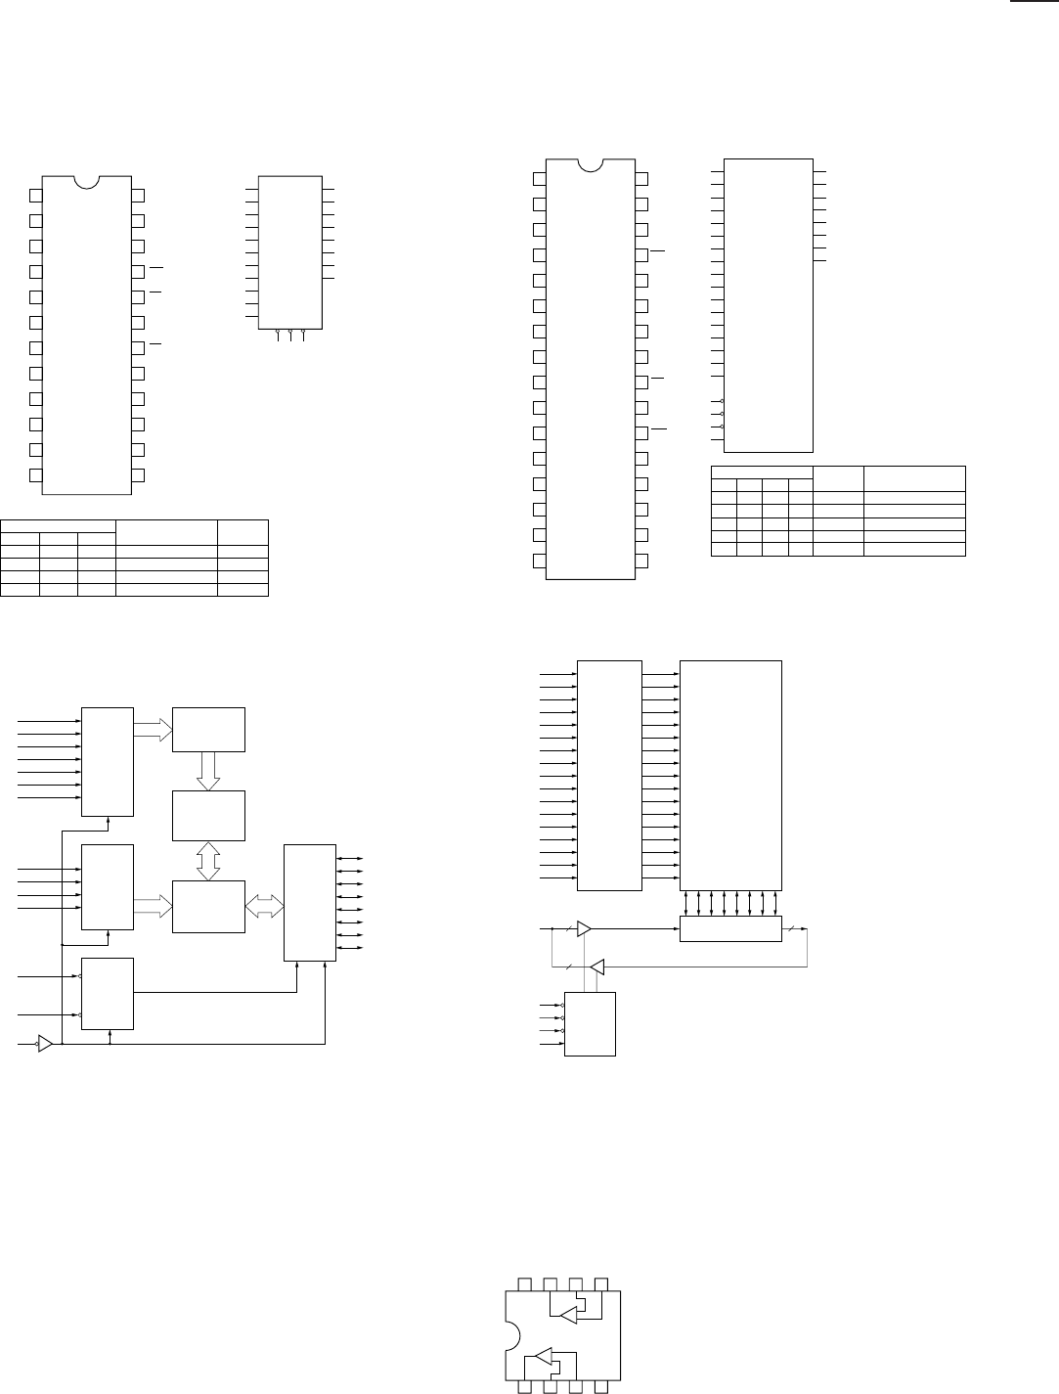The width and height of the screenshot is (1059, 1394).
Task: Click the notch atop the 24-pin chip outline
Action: click(87, 182)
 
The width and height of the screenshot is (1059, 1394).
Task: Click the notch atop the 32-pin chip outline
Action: click(591, 164)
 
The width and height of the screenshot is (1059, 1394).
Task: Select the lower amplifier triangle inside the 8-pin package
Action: click(539, 1357)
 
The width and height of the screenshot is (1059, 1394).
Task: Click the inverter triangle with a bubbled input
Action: click(45, 1044)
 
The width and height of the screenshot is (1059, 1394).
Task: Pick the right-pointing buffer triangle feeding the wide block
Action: click(584, 928)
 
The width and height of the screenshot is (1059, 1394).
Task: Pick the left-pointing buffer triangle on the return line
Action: click(596, 967)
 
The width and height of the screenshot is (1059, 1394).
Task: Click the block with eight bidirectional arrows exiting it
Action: click(309, 902)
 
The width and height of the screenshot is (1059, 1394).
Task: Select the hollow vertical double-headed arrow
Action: click(208, 861)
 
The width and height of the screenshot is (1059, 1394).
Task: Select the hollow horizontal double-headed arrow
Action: click(264, 908)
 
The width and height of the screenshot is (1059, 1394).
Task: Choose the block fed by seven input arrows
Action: click(108, 759)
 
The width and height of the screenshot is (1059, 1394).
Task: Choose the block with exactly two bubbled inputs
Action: click(108, 994)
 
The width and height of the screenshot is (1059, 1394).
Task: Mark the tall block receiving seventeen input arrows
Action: click(609, 776)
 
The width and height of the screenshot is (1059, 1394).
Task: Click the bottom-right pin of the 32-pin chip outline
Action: click(641, 561)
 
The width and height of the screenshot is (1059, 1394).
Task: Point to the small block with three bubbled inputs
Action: click(590, 1024)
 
